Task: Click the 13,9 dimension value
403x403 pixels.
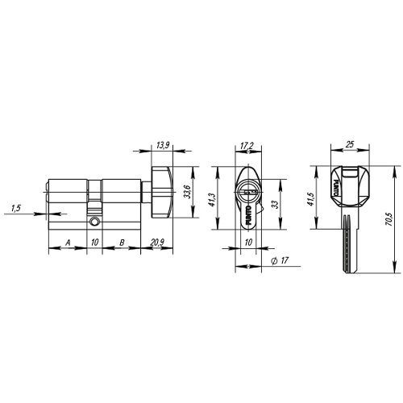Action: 163,145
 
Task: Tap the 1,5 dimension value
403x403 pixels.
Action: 16,208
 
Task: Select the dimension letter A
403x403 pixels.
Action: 68,243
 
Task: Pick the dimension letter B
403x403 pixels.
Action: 122,243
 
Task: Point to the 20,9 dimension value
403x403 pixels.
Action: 157,243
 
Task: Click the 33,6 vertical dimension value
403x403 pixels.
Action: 187,192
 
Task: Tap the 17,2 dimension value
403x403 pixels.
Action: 247,146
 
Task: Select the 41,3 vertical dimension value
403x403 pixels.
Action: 212,200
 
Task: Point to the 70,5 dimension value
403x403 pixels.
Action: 388,220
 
